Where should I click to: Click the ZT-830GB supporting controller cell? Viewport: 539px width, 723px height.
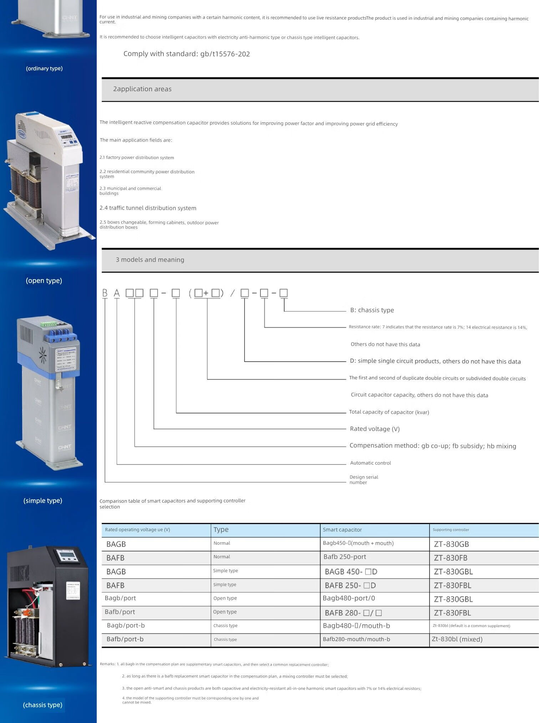[x=451, y=544]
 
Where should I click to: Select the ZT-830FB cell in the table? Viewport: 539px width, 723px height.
[x=451, y=558]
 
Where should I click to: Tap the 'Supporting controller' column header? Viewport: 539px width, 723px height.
[x=451, y=530]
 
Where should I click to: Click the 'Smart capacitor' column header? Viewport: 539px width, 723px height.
[x=342, y=530]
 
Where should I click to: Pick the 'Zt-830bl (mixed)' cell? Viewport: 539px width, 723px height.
[x=457, y=639]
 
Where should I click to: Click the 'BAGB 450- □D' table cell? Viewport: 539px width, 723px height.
[x=351, y=572]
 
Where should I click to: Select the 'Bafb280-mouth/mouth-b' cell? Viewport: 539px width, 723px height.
[x=356, y=639]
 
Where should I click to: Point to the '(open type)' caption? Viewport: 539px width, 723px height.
[x=44, y=281]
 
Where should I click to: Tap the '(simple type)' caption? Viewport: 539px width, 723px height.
[x=43, y=501]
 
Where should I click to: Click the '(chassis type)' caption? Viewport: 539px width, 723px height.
[x=42, y=705]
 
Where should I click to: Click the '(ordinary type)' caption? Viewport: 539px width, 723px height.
[x=44, y=68]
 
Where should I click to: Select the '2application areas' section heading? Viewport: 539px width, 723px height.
[x=142, y=89]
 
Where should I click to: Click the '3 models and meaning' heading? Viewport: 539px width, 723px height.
[x=150, y=260]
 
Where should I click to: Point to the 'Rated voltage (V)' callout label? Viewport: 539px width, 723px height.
[x=375, y=429]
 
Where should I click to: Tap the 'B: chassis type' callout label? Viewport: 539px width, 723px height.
[x=372, y=310]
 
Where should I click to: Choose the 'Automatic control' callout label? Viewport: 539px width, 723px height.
[x=370, y=463]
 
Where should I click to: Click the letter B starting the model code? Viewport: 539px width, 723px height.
[x=105, y=293]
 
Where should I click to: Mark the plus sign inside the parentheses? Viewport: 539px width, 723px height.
[x=206, y=293]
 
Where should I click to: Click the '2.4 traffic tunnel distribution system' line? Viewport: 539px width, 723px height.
[x=148, y=208]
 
